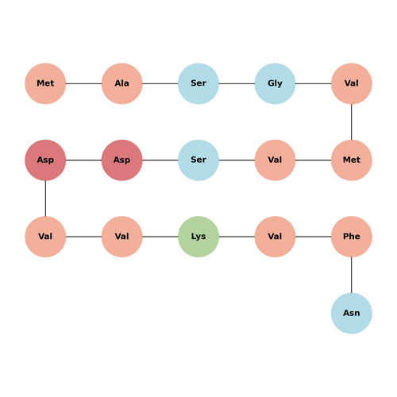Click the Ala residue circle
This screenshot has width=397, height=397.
(122, 83)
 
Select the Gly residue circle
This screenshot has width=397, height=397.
(275, 83)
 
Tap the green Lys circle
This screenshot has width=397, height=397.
(198, 237)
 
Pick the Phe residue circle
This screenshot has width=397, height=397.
(352, 237)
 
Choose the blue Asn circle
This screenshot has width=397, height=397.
(352, 314)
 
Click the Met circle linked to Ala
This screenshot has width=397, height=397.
(45, 83)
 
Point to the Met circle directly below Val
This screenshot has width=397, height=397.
(352, 160)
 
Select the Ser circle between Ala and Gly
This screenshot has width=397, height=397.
(198, 83)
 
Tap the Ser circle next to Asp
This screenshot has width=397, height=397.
(198, 160)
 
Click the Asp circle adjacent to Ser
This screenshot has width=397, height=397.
(122, 160)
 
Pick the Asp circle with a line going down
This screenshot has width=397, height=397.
(45, 160)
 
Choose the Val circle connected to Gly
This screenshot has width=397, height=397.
(352, 83)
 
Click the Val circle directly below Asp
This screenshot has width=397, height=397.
(45, 237)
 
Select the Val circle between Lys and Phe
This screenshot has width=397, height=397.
(275, 237)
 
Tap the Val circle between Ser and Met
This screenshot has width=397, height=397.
(275, 160)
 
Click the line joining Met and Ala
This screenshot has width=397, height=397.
(83, 83)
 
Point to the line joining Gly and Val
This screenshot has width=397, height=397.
(314, 83)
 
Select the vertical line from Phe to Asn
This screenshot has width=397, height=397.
(352, 275)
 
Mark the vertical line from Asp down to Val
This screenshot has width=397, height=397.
(45, 198)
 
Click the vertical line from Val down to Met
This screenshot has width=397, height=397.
(352, 122)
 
